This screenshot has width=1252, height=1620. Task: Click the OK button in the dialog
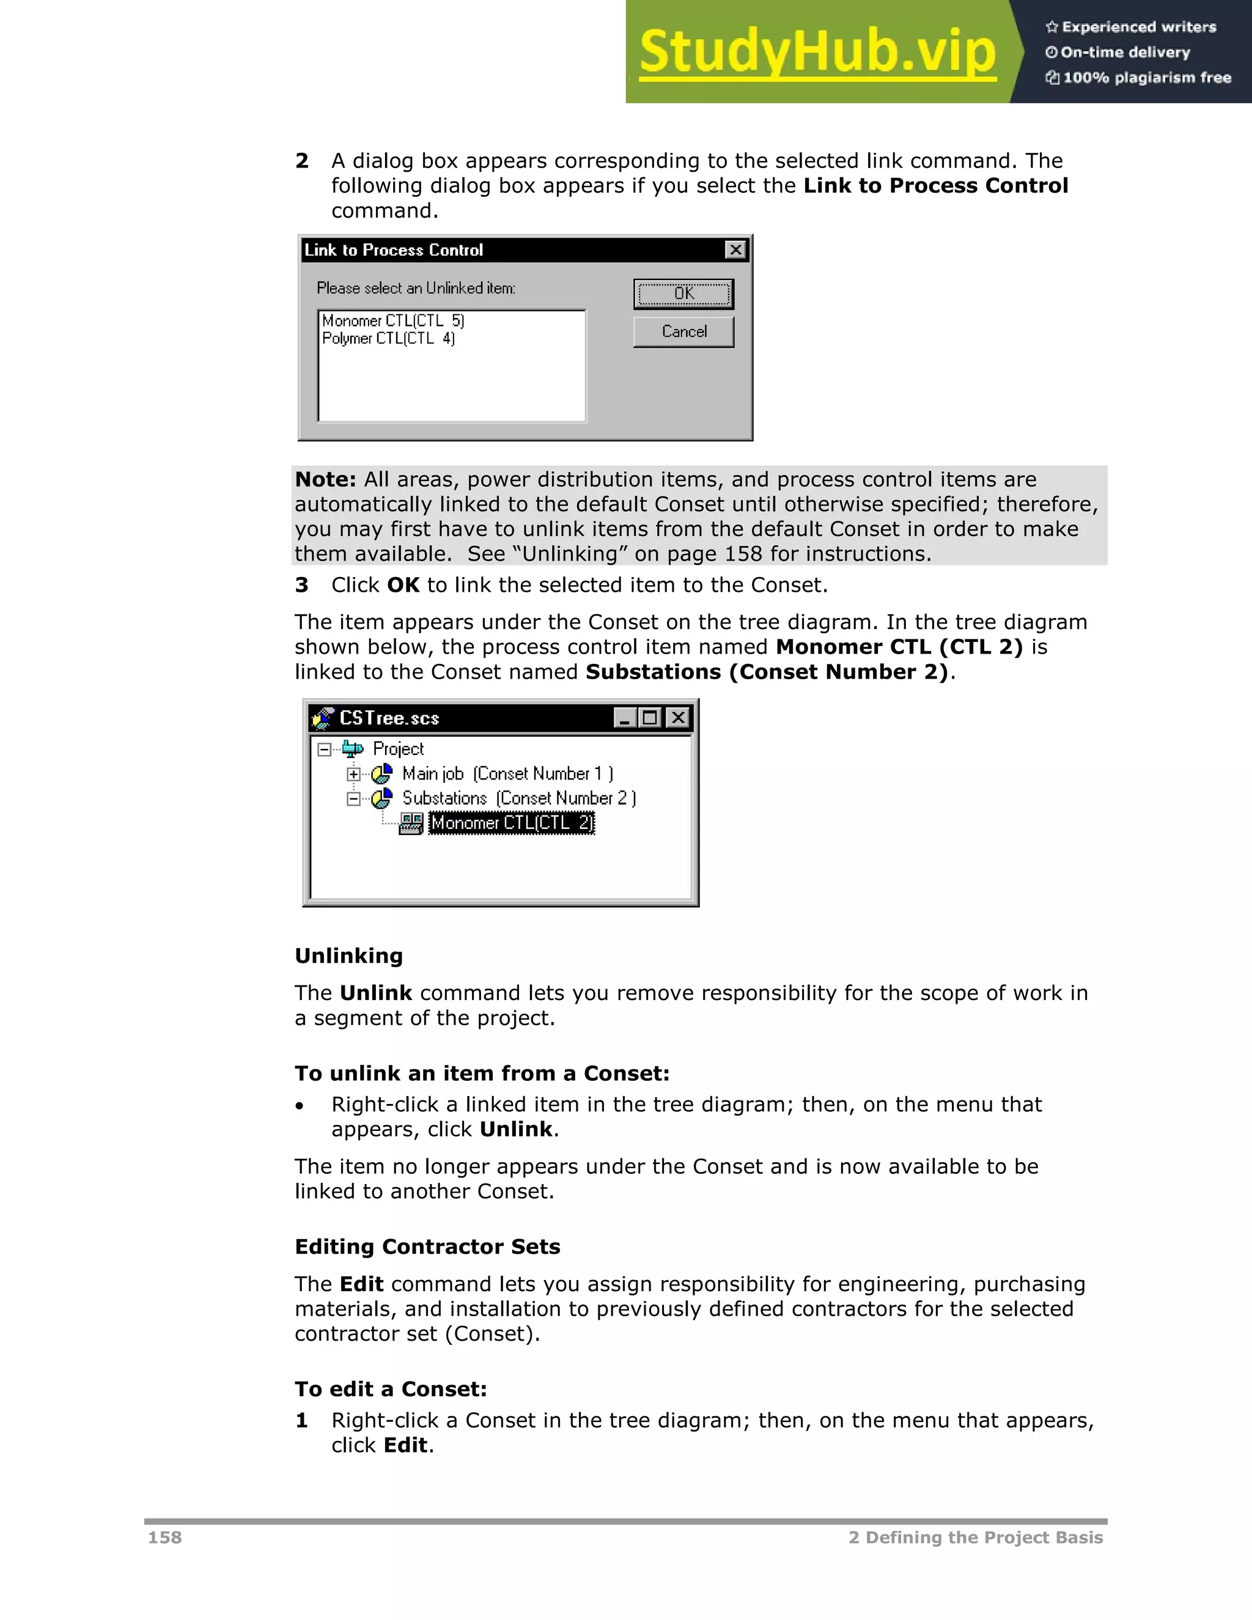point(683,293)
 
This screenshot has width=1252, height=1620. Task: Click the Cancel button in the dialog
point(683,331)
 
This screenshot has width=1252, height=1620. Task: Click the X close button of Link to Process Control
point(734,250)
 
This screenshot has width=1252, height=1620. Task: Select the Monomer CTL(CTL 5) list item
point(393,321)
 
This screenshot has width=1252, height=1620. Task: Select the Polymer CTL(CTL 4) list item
point(388,338)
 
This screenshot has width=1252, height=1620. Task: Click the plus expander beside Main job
point(354,775)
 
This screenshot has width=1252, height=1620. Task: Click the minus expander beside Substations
point(354,799)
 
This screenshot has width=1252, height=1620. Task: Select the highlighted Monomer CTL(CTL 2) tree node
point(512,823)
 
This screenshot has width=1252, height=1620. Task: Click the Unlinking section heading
point(348,956)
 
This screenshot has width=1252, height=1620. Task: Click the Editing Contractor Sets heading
point(427,1247)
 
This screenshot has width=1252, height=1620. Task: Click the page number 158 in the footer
point(164,1537)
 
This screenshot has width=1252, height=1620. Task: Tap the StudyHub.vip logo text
point(817,52)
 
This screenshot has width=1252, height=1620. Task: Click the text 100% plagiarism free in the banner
point(1147,78)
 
